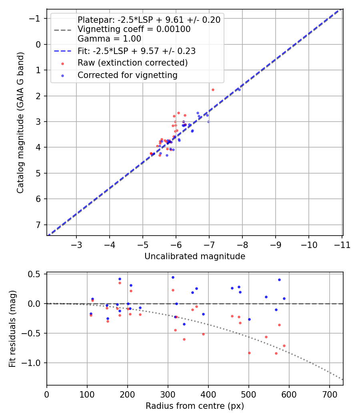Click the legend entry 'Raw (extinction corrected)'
[132, 63]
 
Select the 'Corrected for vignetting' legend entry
[127, 75]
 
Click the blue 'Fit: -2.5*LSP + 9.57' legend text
[136, 51]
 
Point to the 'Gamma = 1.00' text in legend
[109, 39]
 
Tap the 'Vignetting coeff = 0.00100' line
[134, 29]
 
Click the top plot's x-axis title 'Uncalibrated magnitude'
[194, 256]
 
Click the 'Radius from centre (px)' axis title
[194, 406]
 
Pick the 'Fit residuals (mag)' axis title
[12, 329]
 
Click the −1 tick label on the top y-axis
[36, 18]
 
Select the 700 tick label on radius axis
[329, 394]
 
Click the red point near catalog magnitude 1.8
[213, 90]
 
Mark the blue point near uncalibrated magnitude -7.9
[239, 90]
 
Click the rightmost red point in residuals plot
[284, 346]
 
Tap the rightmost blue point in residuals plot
[284, 298]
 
